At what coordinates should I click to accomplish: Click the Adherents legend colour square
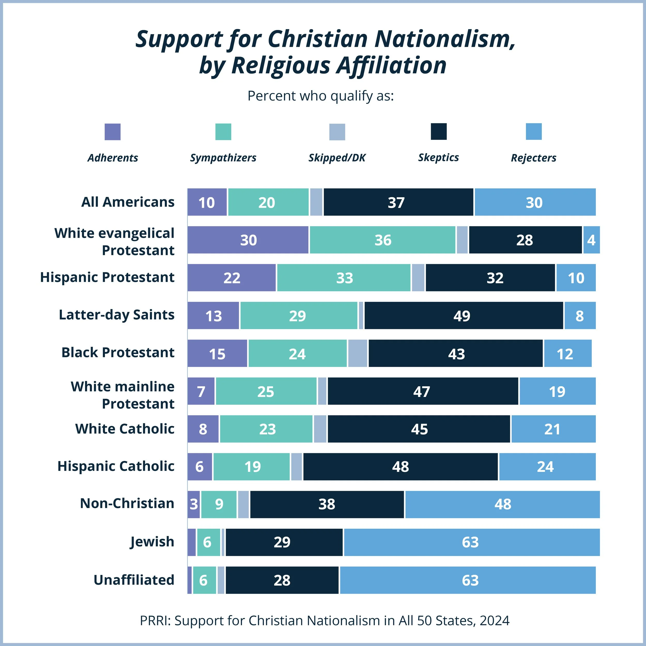(112, 132)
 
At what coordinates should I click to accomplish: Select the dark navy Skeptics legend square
(438, 132)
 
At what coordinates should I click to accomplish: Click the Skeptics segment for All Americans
(398, 202)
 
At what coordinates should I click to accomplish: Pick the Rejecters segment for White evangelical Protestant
(591, 240)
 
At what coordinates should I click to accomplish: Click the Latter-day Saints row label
(116, 315)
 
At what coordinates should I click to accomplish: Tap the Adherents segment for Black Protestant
(217, 354)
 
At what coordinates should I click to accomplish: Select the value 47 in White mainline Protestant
(421, 391)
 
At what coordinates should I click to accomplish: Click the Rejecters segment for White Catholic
(553, 429)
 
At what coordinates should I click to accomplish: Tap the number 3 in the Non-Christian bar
(194, 504)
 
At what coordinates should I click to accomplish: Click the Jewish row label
(152, 542)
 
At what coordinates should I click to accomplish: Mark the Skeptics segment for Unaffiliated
(282, 580)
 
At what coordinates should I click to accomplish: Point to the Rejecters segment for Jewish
(472, 542)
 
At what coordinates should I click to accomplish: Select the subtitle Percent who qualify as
(320, 96)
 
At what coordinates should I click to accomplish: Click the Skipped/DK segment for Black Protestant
(357, 354)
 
